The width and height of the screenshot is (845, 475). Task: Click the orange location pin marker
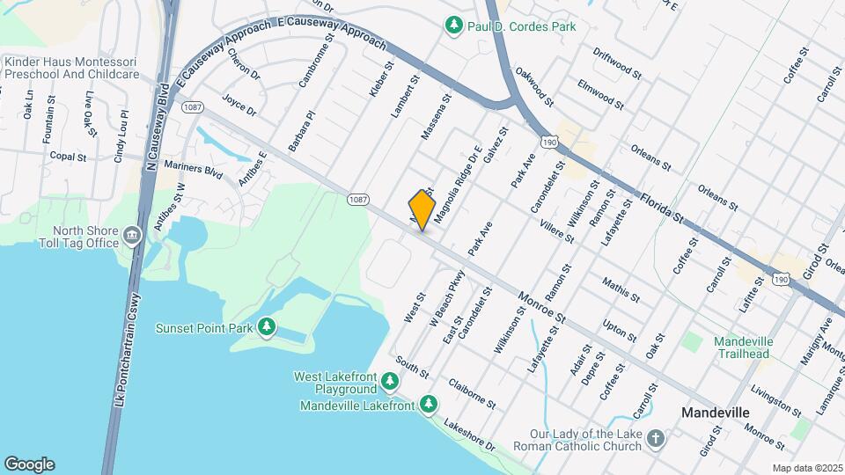[422, 210]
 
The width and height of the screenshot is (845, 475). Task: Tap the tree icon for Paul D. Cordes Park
[454, 26]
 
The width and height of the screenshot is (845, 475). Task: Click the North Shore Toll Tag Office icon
[132, 235]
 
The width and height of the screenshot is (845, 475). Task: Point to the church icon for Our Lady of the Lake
[655, 437]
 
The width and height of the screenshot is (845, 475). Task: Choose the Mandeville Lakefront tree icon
[429, 405]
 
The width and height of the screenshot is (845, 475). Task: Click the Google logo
[29, 464]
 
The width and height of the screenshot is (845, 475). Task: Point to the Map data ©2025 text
[808, 468]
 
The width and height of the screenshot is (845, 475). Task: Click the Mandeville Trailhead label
[742, 347]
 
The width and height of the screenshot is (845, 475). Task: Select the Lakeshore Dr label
[470, 437]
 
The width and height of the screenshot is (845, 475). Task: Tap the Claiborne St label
[472, 393]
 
